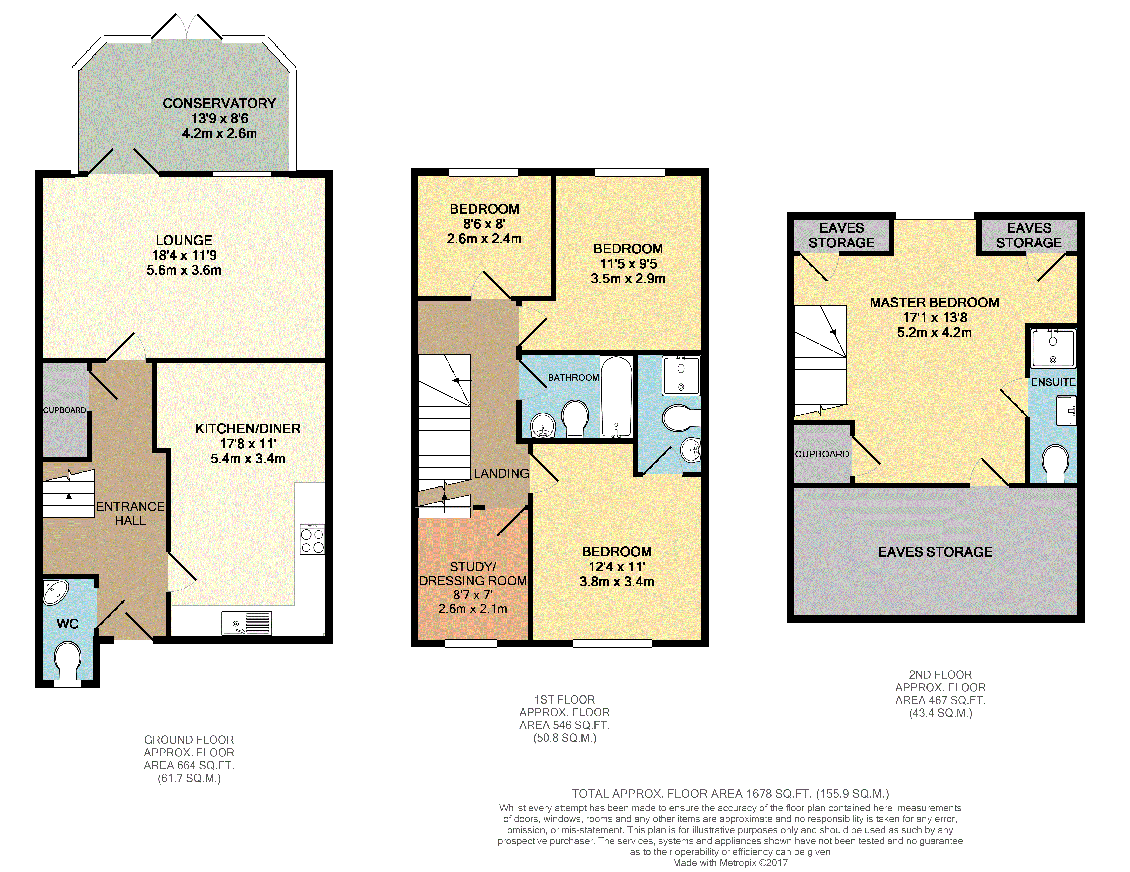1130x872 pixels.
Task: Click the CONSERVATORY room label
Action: [x=219, y=104]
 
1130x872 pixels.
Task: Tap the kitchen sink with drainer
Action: [x=247, y=623]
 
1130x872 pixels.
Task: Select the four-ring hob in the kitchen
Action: [x=313, y=539]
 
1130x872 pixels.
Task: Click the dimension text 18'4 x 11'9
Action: [x=184, y=255]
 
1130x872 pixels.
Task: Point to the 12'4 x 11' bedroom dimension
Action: [x=617, y=567]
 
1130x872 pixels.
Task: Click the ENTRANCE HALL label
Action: [x=130, y=513]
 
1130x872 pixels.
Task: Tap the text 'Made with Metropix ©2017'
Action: [x=730, y=863]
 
